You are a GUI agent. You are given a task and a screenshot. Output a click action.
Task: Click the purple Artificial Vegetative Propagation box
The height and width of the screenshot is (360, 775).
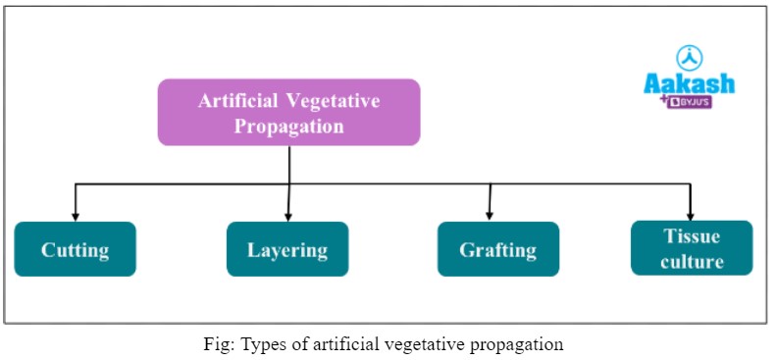pos(288,112)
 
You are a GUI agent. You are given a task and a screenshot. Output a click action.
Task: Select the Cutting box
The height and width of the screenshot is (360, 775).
pos(75,249)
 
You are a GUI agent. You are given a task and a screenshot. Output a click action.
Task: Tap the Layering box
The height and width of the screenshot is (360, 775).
pos(287,249)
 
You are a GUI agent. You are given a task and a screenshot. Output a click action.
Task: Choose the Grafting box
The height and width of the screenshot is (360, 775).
pos(497,249)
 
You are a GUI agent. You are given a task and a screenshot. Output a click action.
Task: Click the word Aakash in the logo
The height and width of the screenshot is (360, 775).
pos(689,84)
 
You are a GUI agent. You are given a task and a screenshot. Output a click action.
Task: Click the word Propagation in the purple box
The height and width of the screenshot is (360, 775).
pos(288,126)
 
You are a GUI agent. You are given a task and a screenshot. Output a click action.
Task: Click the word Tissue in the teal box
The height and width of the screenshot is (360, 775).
pos(692,235)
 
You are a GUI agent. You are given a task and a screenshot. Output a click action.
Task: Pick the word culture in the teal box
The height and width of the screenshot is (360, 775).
pos(692,261)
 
